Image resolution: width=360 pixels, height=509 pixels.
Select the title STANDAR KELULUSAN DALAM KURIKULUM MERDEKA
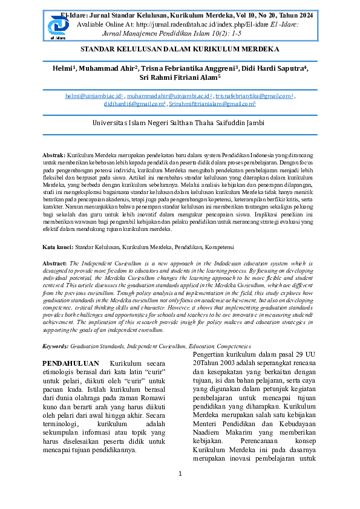coord(180,48)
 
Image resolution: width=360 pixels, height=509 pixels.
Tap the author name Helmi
coord(62,68)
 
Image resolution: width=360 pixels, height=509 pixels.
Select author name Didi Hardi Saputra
coord(274,68)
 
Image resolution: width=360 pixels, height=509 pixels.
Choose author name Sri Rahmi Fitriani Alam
coord(179,77)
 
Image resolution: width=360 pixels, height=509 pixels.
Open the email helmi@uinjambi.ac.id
coord(94,96)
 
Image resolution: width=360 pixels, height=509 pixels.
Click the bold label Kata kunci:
coord(57,247)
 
